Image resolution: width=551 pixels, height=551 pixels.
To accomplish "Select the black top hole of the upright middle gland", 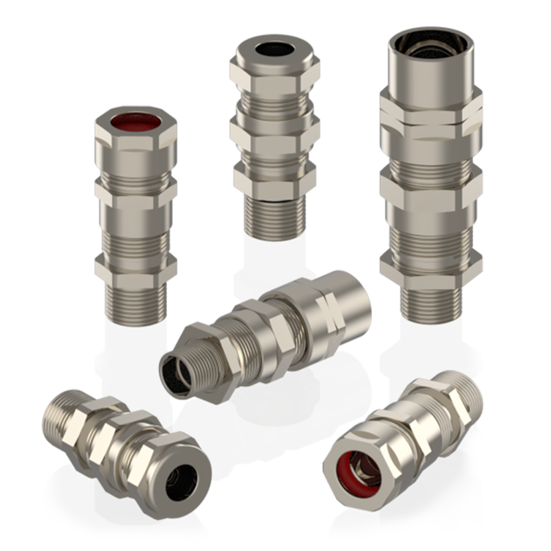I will coord(274,50).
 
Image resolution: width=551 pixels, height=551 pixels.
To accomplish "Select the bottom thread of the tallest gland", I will coord(430,304).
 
